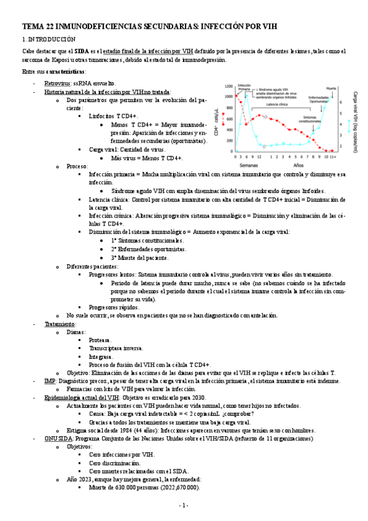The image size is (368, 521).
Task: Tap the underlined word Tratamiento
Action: click(59, 324)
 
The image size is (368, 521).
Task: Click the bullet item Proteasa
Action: click(100, 340)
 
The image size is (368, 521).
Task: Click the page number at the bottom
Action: click(183, 505)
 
